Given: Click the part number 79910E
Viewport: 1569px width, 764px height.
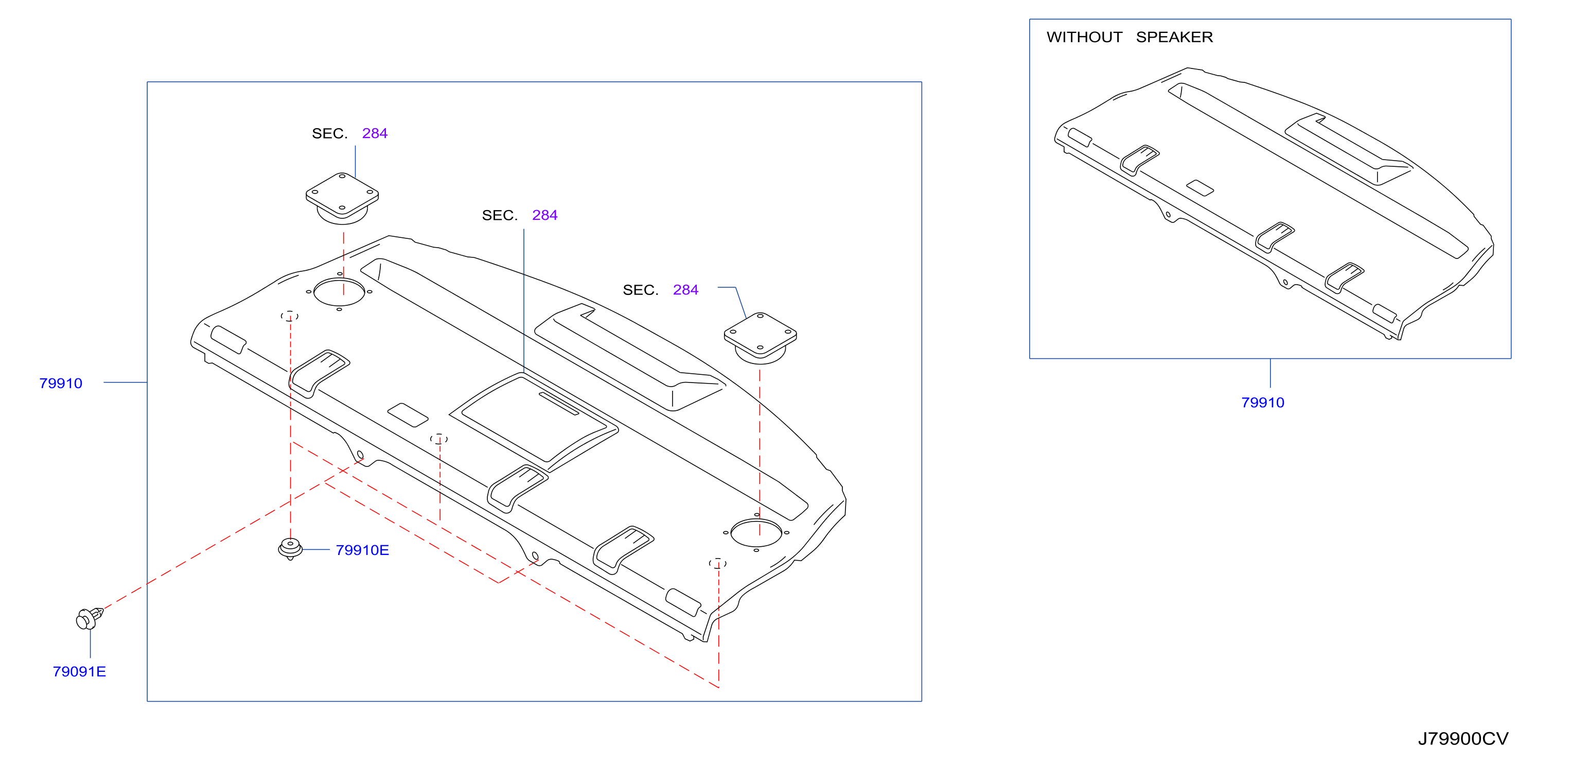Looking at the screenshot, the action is click(x=362, y=550).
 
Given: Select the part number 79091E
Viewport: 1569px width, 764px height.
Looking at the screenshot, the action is click(x=79, y=671).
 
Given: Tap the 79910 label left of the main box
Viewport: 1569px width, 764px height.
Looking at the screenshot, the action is click(x=60, y=383).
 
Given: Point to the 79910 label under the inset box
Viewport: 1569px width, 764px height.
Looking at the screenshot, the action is click(x=1263, y=403).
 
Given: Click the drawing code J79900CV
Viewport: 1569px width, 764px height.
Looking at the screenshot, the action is click(x=1463, y=738).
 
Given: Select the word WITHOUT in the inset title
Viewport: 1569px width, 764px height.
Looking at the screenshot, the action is click(x=1084, y=37).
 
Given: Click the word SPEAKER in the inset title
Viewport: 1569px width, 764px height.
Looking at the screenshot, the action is click(x=1174, y=37).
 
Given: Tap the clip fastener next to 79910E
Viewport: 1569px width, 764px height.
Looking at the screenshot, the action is click(x=291, y=549).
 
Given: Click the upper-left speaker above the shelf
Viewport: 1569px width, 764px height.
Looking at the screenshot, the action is click(x=342, y=198).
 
